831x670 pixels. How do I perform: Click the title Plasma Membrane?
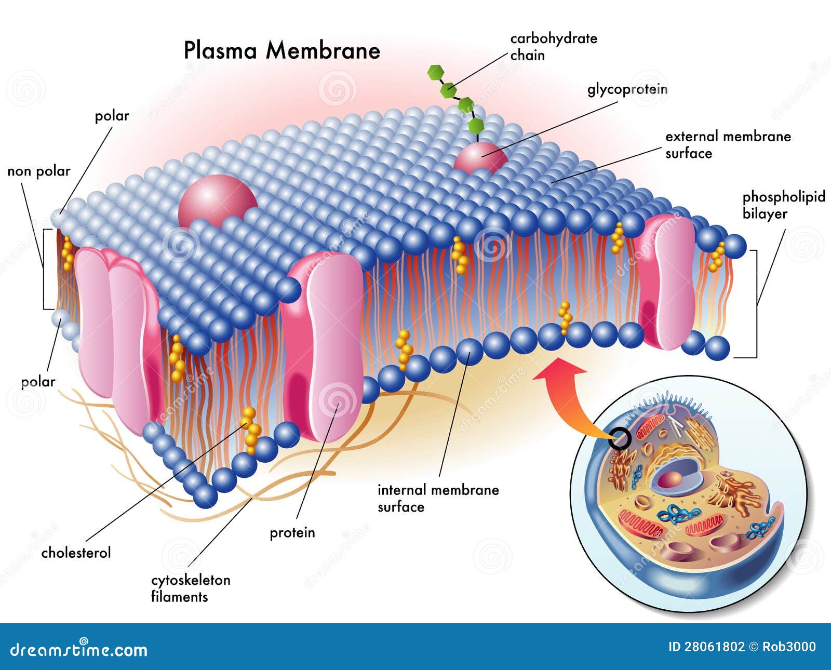[282, 51]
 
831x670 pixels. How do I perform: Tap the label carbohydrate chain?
[553, 47]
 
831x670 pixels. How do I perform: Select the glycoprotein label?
[627, 89]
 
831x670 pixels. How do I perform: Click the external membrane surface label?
[728, 145]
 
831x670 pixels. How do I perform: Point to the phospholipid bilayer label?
[783, 205]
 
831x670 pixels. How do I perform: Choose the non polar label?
[39, 171]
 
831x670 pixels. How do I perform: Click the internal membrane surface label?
[438, 498]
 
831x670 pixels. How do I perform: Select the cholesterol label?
[76, 553]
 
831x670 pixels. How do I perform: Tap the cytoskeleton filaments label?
[191, 588]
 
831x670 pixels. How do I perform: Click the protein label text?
[292, 533]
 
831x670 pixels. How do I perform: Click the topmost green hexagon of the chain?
[435, 72]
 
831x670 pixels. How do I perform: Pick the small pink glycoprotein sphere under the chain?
[480, 157]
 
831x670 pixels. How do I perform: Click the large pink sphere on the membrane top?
[217, 200]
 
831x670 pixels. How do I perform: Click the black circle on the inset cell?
[620, 439]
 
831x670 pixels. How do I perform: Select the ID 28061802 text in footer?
[706, 647]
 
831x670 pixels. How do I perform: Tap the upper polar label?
[112, 116]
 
